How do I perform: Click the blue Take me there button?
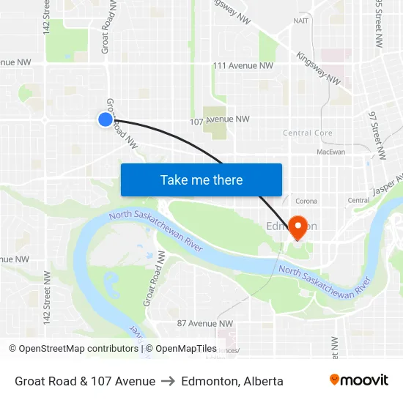pos(202,180)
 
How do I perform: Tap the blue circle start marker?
pos(106,119)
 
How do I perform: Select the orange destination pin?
pos(298,226)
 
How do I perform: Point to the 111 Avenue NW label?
pos(243,66)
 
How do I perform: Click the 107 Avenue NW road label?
pos(219,120)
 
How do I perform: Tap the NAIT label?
pos(300,21)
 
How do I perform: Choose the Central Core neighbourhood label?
pos(308,133)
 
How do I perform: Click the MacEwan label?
pos(330,152)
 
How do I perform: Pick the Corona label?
pos(306,201)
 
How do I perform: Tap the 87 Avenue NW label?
pos(205,323)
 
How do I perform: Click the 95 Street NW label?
pos(379,22)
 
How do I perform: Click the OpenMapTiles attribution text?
pos(185,349)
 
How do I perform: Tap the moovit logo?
pos(358,380)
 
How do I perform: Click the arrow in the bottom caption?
pos(168,381)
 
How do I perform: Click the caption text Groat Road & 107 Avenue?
pos(85,381)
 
